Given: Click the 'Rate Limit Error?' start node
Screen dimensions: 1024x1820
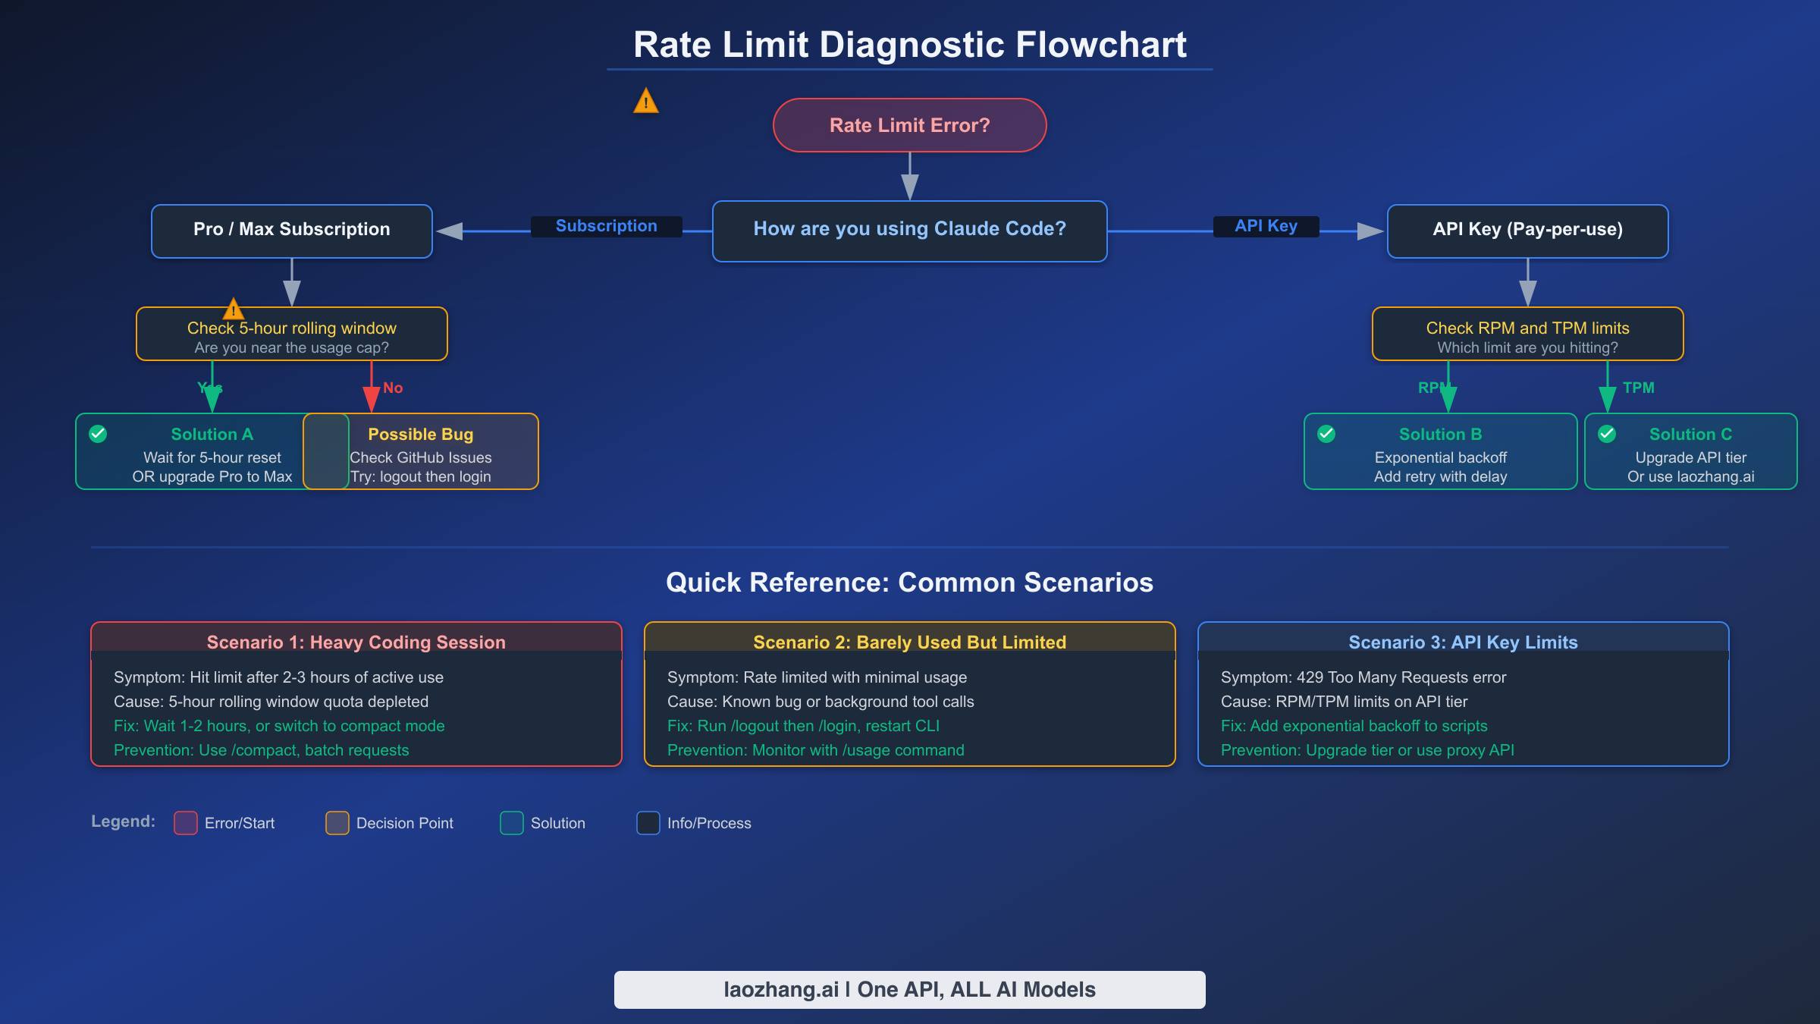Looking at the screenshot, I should click(909, 125).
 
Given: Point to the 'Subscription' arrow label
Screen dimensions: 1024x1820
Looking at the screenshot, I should click(606, 226).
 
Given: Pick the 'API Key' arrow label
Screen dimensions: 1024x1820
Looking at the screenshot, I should click(1266, 226).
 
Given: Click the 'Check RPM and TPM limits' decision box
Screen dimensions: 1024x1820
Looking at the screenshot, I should click(1527, 334).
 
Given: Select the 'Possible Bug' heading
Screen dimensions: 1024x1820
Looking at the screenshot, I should click(421, 435).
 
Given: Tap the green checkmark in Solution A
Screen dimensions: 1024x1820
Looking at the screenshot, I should click(98, 434).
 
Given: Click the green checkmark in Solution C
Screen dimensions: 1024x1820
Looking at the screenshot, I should click(1607, 434).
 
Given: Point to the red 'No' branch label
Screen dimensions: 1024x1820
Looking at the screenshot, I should click(393, 388).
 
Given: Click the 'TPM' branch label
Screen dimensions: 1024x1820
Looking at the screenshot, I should click(1638, 388).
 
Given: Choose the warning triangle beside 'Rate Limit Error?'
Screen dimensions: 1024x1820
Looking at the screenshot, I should click(646, 101).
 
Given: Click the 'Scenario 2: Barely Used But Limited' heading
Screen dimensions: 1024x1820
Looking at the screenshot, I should click(909, 642).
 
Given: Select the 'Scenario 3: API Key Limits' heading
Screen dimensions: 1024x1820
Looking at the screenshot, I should click(1463, 642).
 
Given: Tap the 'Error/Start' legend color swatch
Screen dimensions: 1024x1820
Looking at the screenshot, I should click(186, 823).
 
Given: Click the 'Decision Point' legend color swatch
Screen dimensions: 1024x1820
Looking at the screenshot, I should click(337, 823).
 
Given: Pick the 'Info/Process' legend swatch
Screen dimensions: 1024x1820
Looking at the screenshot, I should click(648, 823).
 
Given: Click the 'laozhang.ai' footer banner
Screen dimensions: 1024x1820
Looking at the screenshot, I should click(909, 990).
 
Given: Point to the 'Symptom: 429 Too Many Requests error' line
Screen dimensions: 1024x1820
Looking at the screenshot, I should click(1363, 677).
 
